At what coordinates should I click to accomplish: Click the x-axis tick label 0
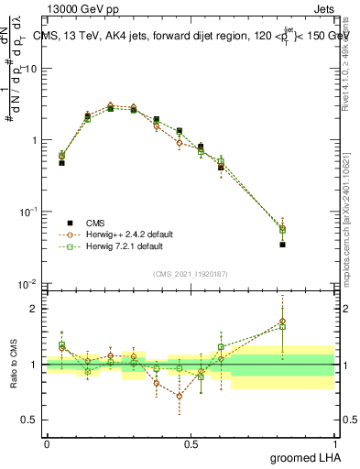coord(48,443)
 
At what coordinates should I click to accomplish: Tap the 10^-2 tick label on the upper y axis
coord(30,284)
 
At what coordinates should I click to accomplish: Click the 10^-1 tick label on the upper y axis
coord(30,213)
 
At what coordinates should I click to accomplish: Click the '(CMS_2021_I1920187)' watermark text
coord(191,274)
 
